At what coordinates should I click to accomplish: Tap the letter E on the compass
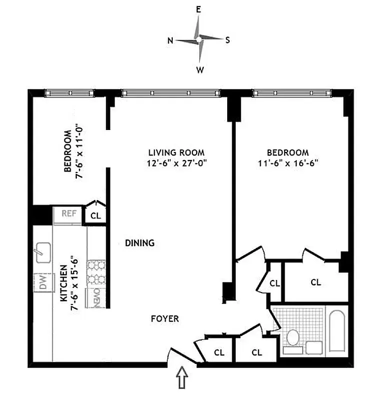pos(199,9)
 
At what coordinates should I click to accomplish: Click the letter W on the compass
pos(200,70)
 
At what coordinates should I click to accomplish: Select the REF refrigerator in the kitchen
pos(69,213)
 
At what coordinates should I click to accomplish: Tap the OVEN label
pos(97,298)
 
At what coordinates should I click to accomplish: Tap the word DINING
pos(139,243)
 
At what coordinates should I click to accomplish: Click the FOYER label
pos(165,318)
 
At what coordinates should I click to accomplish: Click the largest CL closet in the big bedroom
pos(316,282)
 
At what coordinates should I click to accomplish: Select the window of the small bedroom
pos(69,93)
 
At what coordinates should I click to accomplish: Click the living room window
pos(171,93)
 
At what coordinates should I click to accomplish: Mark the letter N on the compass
pos(170,41)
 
